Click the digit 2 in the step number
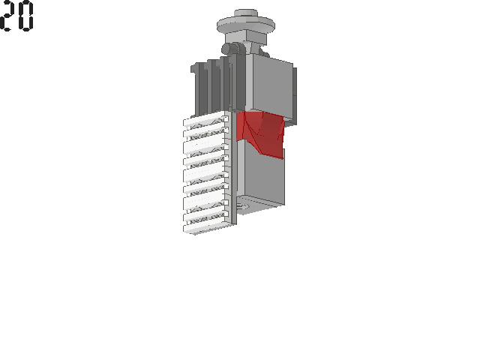click(7, 16)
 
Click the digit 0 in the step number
click(25, 16)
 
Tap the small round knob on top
click(246, 13)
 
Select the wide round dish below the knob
click(245, 25)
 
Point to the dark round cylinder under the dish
click(230, 49)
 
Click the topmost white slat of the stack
click(205, 119)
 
